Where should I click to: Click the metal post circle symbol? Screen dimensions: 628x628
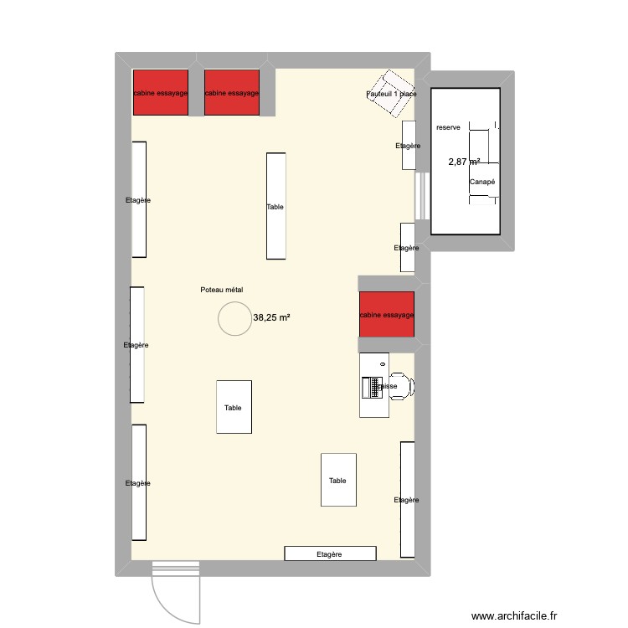(x=234, y=318)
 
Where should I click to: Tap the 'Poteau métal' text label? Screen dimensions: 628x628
(x=221, y=290)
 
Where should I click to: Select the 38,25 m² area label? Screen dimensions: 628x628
(x=271, y=318)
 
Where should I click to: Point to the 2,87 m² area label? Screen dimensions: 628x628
(x=464, y=162)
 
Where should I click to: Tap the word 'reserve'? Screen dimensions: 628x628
(x=448, y=127)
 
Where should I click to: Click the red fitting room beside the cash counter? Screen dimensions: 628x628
(x=386, y=315)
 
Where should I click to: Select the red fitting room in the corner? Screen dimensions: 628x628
(x=160, y=93)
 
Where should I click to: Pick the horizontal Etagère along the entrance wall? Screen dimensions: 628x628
(x=331, y=553)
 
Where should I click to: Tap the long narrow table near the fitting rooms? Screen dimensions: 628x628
(x=275, y=206)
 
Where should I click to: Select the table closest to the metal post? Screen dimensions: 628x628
(x=234, y=407)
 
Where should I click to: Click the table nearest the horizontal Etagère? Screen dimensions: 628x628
(x=337, y=480)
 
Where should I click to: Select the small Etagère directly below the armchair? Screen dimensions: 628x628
(x=409, y=146)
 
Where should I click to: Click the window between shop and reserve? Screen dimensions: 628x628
(x=422, y=198)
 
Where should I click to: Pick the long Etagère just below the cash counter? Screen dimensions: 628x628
(x=407, y=499)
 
